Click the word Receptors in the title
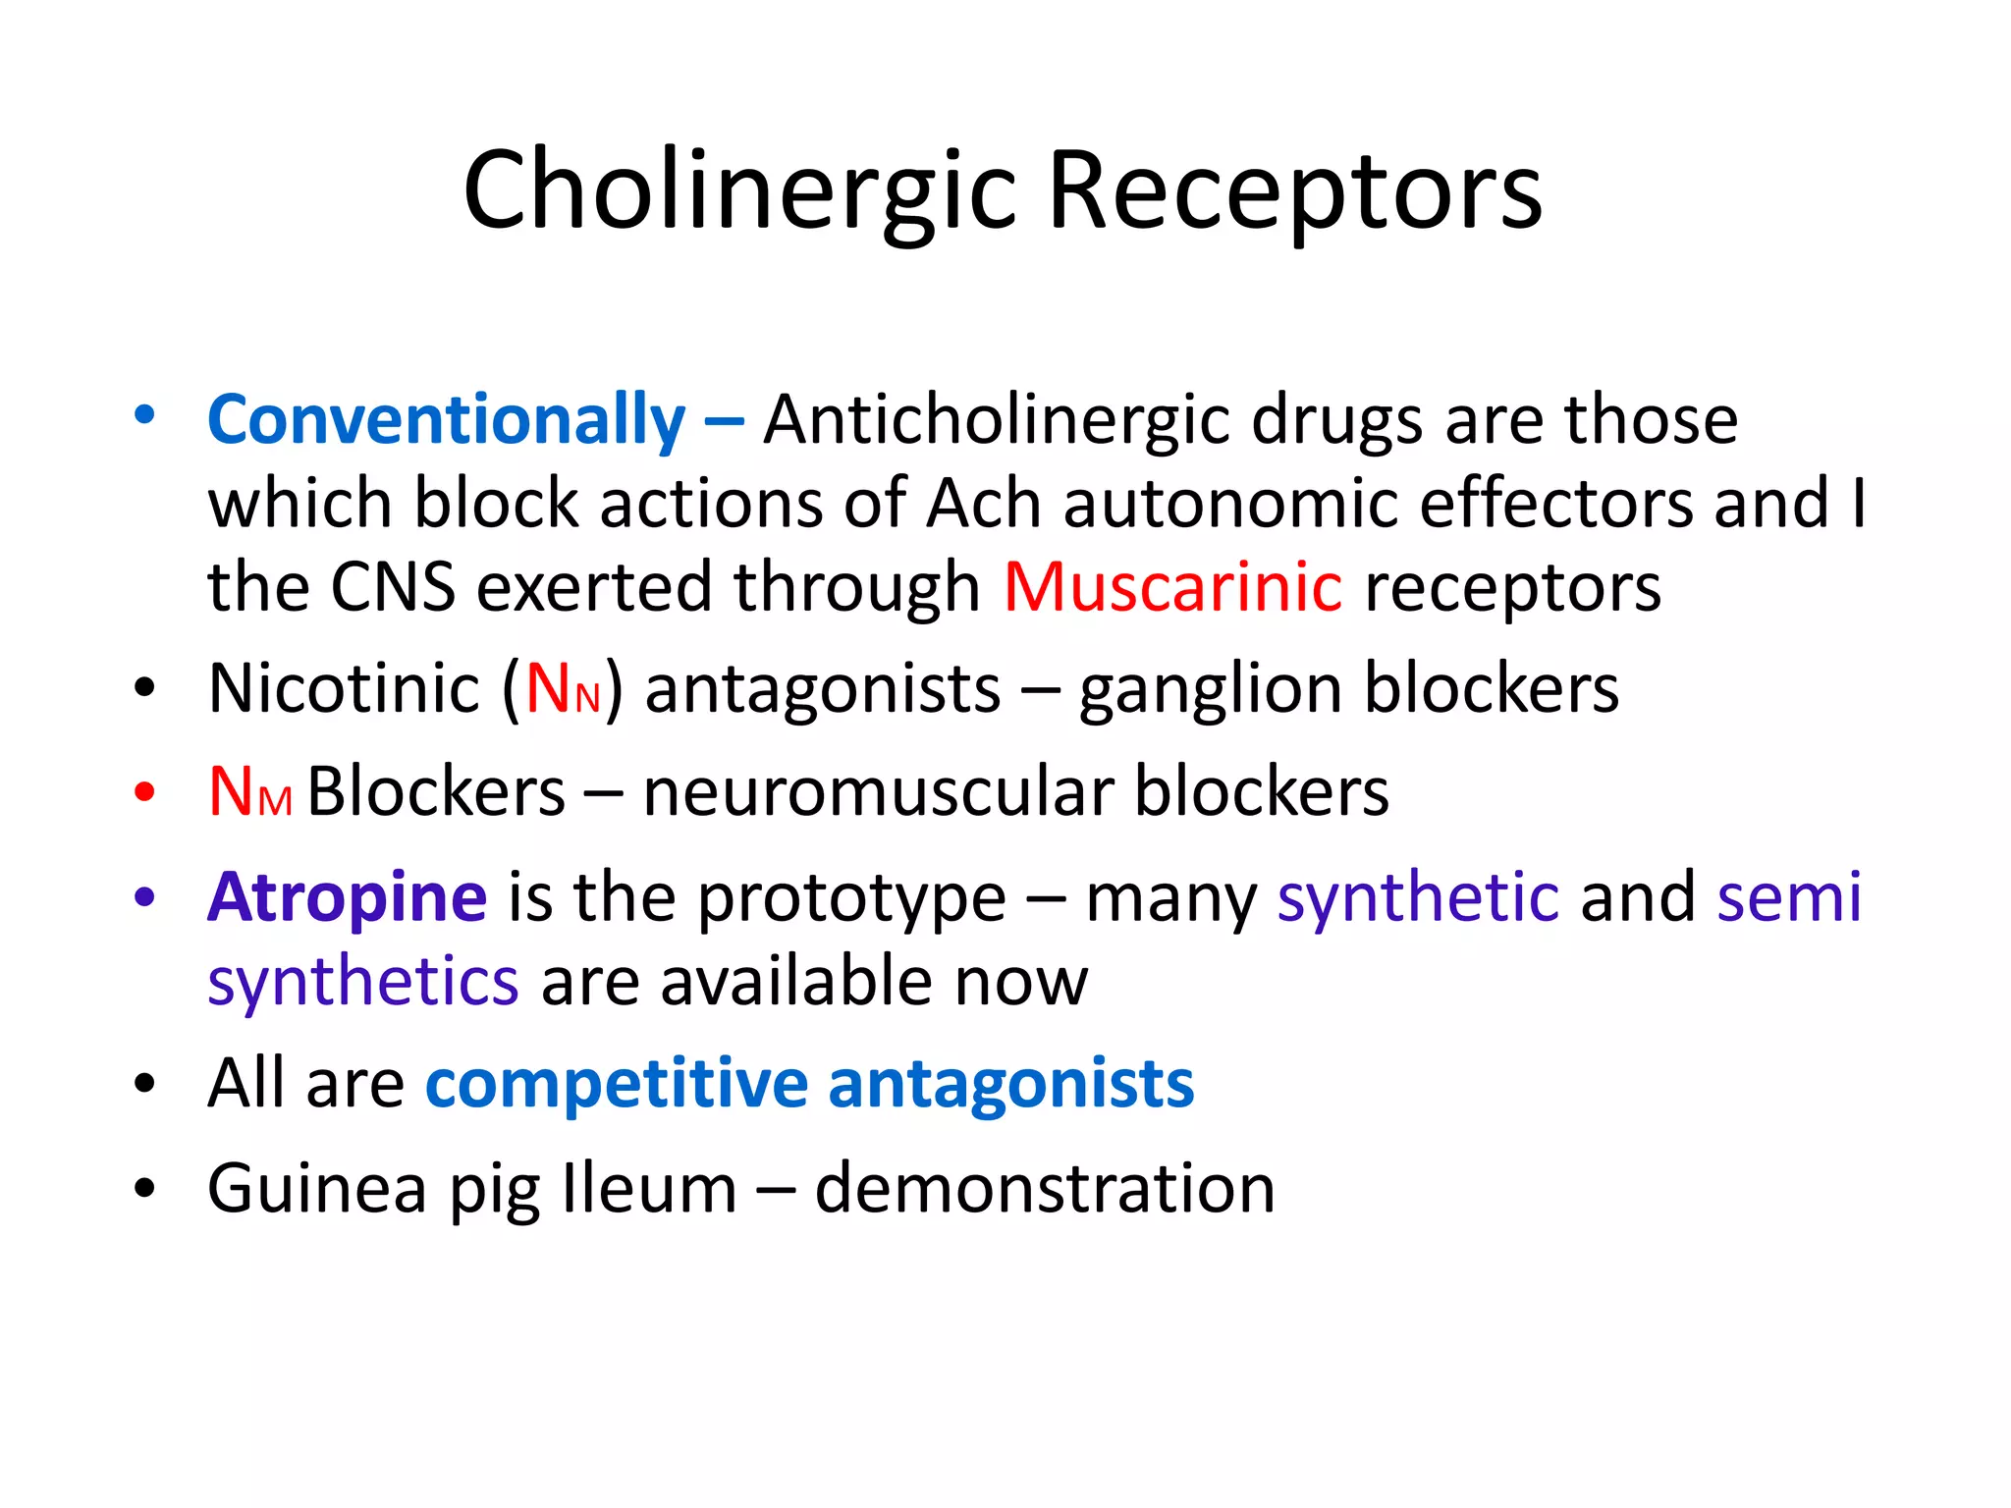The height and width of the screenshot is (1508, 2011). click(x=1295, y=190)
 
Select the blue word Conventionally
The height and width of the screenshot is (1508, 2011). click(x=447, y=420)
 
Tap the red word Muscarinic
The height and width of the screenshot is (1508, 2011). click(x=1172, y=587)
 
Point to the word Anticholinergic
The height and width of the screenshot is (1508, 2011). click(x=996, y=420)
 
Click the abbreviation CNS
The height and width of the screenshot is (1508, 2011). click(x=393, y=587)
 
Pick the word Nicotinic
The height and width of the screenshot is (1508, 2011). click(x=344, y=688)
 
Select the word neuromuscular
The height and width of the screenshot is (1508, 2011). click(x=878, y=791)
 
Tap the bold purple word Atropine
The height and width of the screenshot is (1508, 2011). click(x=347, y=897)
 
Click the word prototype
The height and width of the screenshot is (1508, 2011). click(x=851, y=899)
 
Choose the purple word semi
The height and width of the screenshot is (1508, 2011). click(x=1789, y=897)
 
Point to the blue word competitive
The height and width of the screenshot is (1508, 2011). click(x=617, y=1085)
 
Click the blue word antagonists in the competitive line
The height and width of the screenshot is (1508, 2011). click(x=1011, y=1085)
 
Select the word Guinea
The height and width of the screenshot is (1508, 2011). click(x=317, y=1189)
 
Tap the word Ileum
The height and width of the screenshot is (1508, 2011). click(x=649, y=1189)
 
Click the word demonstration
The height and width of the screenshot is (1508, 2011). click(x=1045, y=1189)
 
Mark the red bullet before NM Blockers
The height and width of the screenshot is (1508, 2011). click(x=145, y=791)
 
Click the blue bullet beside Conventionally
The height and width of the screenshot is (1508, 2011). click(x=145, y=415)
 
